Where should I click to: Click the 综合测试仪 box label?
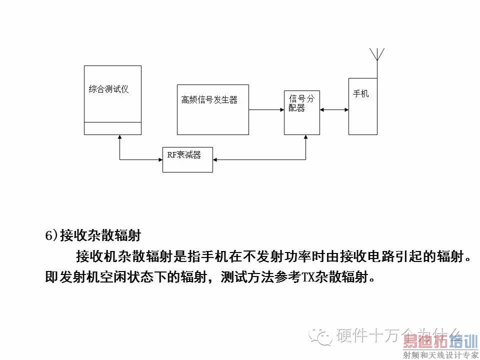109,89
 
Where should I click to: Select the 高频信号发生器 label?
209,99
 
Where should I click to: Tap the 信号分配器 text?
301,103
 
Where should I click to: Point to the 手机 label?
361,93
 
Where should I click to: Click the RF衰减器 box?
187,159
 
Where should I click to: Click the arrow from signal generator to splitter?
266,109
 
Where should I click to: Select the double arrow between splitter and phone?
334,109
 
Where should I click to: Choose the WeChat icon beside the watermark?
320,336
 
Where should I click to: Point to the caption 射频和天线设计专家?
440,355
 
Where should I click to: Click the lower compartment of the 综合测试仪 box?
112,128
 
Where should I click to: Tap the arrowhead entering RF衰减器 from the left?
160,159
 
